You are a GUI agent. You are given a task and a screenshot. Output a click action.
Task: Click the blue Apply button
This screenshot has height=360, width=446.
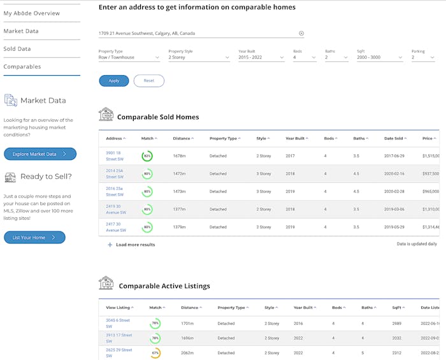[x=113, y=81]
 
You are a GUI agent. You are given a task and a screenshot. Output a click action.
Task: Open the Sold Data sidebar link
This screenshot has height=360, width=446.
[x=17, y=49]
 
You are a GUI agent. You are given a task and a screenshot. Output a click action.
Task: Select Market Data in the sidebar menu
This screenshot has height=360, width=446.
[x=21, y=31]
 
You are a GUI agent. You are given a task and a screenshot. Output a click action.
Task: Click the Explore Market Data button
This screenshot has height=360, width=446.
[x=40, y=154]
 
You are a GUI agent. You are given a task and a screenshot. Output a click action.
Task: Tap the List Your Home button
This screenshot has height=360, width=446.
[x=34, y=238]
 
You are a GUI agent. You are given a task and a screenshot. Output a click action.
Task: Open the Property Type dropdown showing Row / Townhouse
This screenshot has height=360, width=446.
[x=129, y=57]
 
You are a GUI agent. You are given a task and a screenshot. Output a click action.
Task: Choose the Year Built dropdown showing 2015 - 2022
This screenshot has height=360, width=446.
[x=261, y=57]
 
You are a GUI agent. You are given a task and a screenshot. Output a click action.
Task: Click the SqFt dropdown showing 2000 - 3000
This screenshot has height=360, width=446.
[x=380, y=57]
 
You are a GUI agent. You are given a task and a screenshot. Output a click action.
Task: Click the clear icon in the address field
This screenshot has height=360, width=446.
[x=301, y=34]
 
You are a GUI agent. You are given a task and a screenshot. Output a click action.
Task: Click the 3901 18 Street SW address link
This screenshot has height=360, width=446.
[x=115, y=155]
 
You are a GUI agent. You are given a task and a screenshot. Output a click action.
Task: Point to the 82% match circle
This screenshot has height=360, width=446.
[x=147, y=156]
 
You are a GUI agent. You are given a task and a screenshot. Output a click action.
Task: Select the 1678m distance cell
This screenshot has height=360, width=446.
[x=179, y=156]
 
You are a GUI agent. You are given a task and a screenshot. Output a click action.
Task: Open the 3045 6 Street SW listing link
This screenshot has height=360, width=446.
[x=118, y=323]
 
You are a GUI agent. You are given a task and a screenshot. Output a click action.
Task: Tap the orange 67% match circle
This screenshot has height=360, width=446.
[x=155, y=353]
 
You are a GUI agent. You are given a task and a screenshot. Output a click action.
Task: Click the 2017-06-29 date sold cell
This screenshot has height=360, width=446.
[x=395, y=156]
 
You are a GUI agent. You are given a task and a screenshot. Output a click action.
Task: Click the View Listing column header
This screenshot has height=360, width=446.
[x=120, y=308]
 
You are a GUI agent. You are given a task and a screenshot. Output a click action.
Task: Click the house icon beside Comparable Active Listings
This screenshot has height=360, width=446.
[x=106, y=283]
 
